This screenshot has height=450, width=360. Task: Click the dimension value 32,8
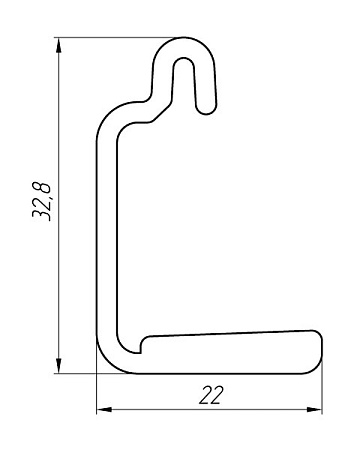42,201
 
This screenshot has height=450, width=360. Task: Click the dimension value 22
211,395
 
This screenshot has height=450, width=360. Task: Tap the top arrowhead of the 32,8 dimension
59,46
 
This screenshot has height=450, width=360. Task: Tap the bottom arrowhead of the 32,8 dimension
59,365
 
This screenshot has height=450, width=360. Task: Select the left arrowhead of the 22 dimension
104,409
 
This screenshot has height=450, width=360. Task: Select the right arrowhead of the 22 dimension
314,409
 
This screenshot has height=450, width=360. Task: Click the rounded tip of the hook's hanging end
206,111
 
